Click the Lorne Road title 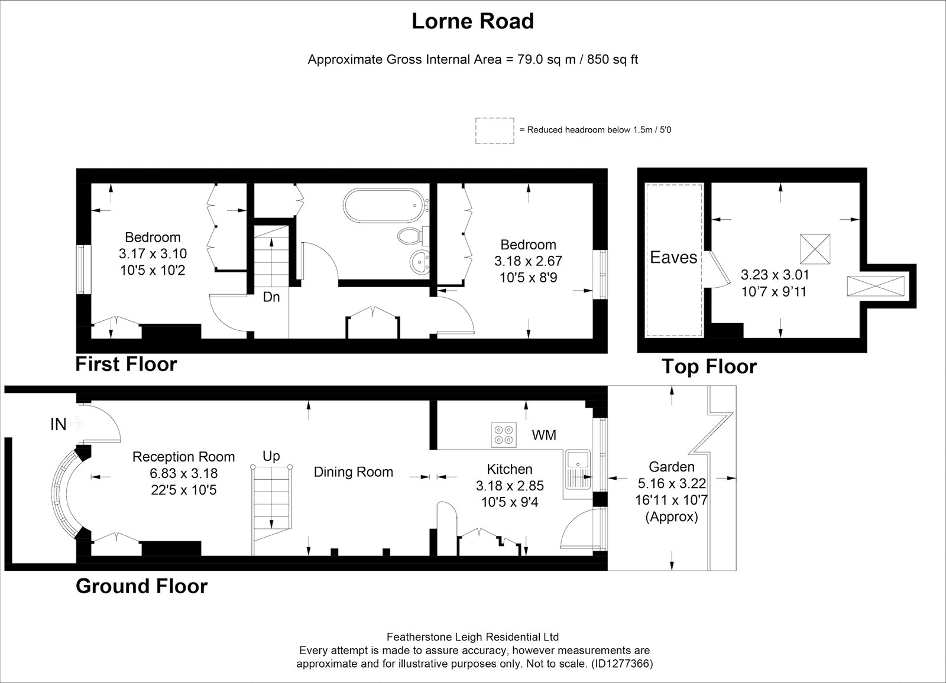coord(472,21)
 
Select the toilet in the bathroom coord(411,236)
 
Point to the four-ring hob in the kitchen coord(503,435)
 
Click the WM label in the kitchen coord(544,435)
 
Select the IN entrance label coord(59,424)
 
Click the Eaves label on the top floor coord(673,258)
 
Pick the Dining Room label coord(354,471)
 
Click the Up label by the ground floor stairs coord(271,456)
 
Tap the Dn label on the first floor coord(271,297)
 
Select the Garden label coord(672,466)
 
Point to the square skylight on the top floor coord(815,249)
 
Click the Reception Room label coord(183,456)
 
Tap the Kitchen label coord(509,469)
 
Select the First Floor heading coord(127,365)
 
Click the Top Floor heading coord(709,366)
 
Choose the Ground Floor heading coord(142,586)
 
